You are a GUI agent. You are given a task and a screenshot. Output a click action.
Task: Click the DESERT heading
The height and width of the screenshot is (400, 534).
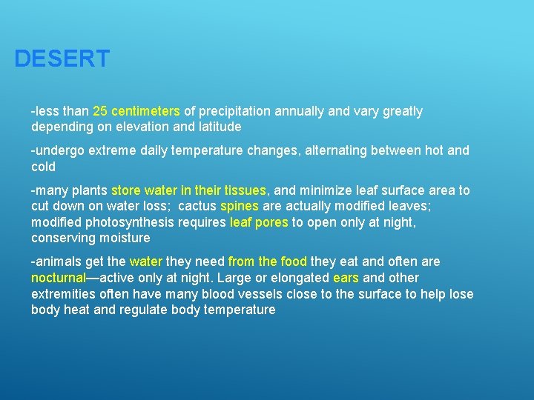click(62, 59)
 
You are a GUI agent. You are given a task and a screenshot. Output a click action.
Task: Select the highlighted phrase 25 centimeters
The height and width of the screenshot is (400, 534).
click(136, 111)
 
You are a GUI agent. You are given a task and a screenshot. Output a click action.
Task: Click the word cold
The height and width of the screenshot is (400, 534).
click(43, 167)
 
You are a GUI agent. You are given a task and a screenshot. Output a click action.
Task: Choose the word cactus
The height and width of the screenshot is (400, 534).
click(198, 207)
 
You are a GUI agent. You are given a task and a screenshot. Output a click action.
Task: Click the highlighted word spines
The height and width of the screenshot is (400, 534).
click(240, 207)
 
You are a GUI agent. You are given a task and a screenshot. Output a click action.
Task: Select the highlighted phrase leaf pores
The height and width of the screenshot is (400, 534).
click(259, 222)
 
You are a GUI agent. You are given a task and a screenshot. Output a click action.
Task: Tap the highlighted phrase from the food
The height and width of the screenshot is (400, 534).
click(267, 261)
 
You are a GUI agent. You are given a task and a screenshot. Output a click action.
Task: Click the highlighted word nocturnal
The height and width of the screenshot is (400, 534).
click(59, 278)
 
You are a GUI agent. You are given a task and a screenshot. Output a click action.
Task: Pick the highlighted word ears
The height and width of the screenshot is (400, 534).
click(346, 278)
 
